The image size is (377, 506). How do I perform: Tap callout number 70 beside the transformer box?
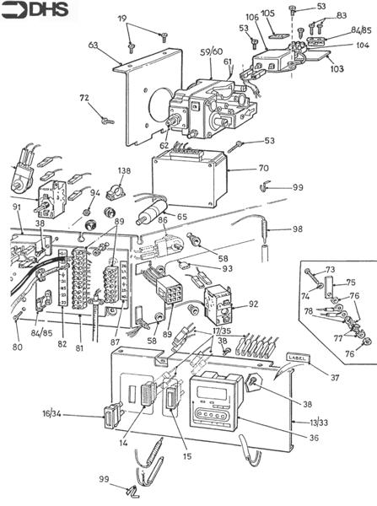pyautogui.click(x=263, y=169)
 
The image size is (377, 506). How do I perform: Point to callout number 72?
pyautogui.click(x=84, y=100)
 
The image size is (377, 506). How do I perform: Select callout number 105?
pyautogui.click(x=268, y=14)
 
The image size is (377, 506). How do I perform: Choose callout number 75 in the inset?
pyautogui.click(x=351, y=283)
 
